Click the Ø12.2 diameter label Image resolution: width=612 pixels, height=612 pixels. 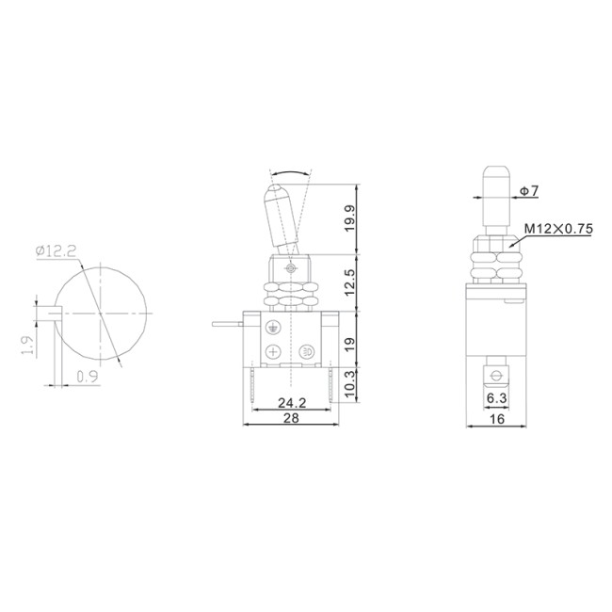[54, 250]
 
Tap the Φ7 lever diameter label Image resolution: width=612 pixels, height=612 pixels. [528, 191]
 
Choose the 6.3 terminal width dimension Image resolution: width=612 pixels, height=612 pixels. [496, 399]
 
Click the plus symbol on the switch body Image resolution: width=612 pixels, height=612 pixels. [273, 352]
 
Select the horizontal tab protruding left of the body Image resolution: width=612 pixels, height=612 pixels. [228, 325]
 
